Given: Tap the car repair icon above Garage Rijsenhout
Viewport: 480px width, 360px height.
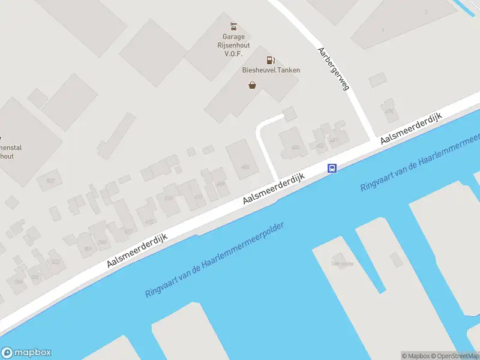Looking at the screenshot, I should [234, 26].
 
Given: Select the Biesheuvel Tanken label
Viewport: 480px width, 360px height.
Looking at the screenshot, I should [271, 70].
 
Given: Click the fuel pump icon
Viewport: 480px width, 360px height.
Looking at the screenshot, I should [271, 59].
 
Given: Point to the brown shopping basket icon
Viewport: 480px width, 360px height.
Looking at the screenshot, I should [253, 85].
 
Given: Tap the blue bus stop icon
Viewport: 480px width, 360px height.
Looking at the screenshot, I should [331, 169].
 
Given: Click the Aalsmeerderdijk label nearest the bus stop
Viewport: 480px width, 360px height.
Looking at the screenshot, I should [274, 189].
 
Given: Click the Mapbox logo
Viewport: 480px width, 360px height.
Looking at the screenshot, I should [26, 353].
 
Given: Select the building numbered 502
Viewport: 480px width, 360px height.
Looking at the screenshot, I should [49, 180].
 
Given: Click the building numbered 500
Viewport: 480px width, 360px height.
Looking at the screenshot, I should [102, 242].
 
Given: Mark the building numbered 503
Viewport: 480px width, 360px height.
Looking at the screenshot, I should [56, 262].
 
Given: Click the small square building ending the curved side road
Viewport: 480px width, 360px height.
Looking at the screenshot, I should [290, 113].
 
